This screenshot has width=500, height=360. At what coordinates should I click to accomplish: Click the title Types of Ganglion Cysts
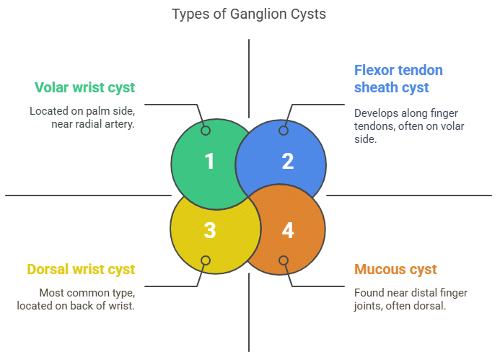click(249, 14)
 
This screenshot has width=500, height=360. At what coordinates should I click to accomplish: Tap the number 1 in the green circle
click(209, 161)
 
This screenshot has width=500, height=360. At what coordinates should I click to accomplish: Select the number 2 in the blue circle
click(287, 161)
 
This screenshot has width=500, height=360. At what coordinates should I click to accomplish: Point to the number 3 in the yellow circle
click(209, 230)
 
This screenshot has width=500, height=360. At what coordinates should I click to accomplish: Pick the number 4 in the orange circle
click(287, 230)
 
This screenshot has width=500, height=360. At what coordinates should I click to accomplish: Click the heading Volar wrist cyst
click(84, 87)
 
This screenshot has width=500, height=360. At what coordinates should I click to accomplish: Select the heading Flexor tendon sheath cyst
click(398, 79)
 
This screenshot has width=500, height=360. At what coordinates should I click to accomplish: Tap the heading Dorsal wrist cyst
click(81, 270)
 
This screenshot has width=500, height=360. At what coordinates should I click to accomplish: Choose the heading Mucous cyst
click(395, 270)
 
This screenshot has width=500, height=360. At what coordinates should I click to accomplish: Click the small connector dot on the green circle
click(206, 131)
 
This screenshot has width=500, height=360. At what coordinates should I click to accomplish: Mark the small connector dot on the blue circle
click(284, 131)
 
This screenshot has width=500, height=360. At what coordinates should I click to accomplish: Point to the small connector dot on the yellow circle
click(206, 260)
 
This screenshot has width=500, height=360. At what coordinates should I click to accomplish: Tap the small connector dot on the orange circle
click(284, 260)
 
